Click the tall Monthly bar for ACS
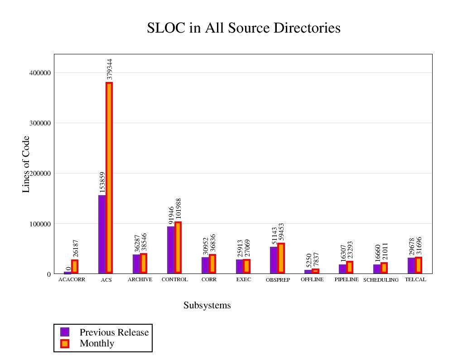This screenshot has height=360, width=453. [109, 178]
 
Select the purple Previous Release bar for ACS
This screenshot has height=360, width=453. [102, 234]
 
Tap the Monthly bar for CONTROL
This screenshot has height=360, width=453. [178, 248]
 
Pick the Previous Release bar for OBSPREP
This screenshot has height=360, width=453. [274, 260]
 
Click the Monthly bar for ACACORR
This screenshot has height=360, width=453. [75, 266]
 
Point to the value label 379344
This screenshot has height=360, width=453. [110, 69]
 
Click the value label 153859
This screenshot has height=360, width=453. [102, 182]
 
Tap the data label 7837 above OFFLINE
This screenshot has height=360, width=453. [316, 259]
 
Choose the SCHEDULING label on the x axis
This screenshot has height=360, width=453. [381, 280]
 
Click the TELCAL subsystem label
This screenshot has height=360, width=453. [415, 279]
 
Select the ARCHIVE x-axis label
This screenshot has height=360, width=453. [140, 279]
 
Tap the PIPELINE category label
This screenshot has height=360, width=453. [347, 279]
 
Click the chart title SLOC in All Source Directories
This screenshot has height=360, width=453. [244, 28]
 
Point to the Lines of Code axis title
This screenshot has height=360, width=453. [26, 164]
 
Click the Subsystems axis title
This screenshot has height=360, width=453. [207, 306]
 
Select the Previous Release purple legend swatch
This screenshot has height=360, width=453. [65, 332]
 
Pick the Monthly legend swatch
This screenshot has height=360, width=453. [65, 343]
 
